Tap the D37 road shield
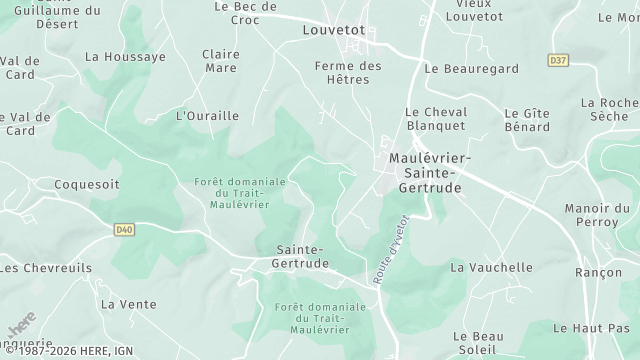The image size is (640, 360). (558, 61)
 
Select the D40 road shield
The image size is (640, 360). (124, 230)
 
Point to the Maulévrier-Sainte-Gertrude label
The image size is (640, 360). (429, 173)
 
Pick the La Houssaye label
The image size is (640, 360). (125, 57)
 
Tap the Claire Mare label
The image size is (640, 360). (220, 61)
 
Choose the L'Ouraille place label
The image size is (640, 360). (207, 116)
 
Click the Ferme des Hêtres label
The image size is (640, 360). (348, 73)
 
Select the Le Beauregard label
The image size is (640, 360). (471, 69)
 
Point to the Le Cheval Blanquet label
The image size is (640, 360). (435, 119)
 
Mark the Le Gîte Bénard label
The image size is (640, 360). (527, 120)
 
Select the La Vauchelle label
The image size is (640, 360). (491, 268)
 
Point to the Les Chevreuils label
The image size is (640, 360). (46, 268)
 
